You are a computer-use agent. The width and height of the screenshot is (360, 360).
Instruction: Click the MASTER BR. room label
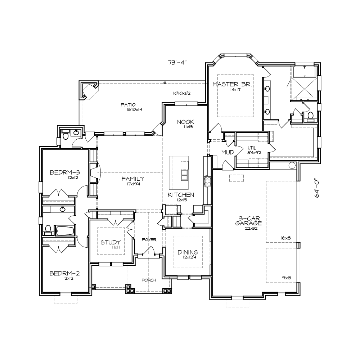pos(232,84)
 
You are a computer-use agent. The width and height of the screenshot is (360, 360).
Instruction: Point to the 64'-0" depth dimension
pos(317,189)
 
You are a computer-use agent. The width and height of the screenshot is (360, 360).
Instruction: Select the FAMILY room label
pos(133,179)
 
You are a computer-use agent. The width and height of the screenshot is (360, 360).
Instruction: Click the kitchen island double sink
pos(185,175)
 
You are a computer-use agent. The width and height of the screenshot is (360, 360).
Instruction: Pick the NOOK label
pos(185,122)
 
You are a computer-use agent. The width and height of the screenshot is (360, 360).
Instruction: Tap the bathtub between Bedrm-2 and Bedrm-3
pos(65,230)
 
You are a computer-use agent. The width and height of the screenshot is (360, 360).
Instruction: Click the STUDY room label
pos(111,242)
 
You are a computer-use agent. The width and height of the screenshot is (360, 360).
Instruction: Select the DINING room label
pos(188,252)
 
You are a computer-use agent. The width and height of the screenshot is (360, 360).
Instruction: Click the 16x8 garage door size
pos(285,238)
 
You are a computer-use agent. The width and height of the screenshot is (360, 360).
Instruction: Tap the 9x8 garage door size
pos(287,278)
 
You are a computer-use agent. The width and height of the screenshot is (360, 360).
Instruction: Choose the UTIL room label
pos(252,148)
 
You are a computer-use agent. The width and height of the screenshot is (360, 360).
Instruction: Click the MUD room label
pos(228,152)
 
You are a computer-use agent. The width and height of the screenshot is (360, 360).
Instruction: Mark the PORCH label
pos(149,280)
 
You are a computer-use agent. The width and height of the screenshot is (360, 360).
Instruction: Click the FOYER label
pos(149,240)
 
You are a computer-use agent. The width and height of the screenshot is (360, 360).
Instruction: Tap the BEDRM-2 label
pos(64,274)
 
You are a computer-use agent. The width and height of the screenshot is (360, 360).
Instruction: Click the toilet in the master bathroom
pos(310,116)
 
